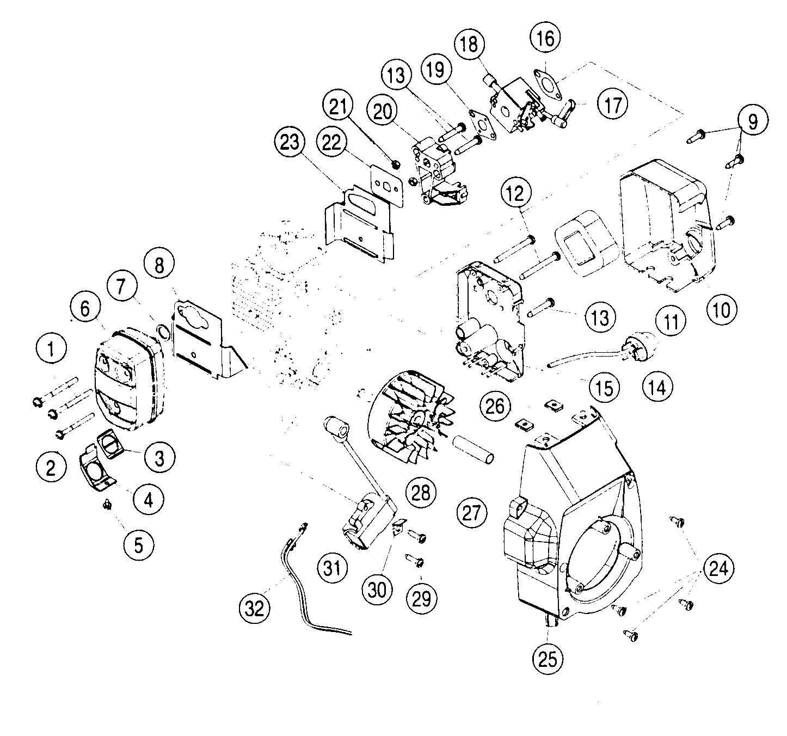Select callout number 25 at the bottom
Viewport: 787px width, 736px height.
coord(548,659)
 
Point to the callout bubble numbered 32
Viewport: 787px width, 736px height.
coord(255,608)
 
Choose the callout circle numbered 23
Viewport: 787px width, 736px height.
coord(290,143)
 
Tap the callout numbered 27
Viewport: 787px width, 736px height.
coord(471,513)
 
